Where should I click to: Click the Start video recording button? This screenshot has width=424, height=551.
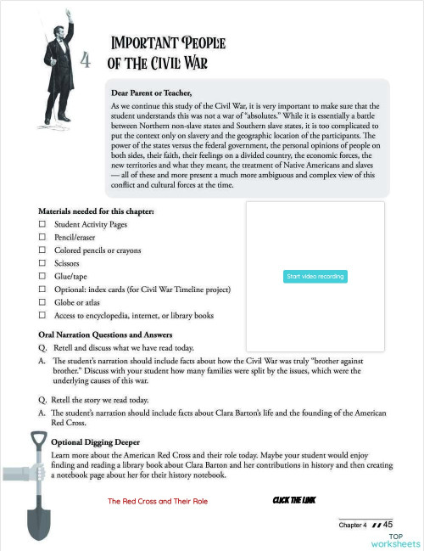tap(315, 277)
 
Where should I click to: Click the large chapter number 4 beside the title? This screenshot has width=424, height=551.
tap(85, 59)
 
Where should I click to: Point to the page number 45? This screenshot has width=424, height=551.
tap(393, 525)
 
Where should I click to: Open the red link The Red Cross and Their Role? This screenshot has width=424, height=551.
tap(158, 502)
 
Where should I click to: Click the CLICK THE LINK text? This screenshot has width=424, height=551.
tap(294, 501)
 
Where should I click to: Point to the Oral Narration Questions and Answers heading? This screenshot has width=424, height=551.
tap(105, 334)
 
